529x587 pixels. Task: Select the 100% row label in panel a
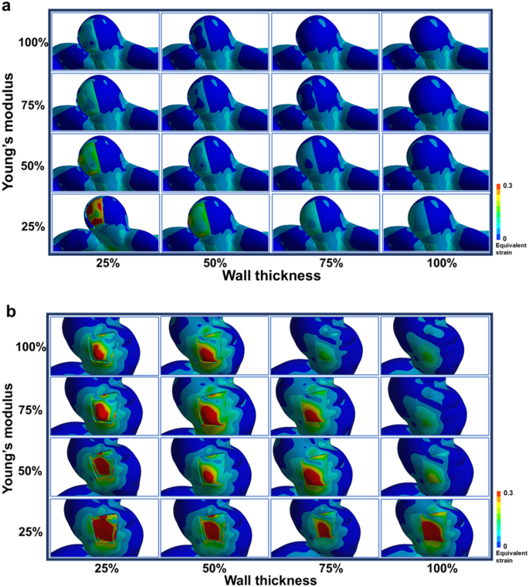point(36,43)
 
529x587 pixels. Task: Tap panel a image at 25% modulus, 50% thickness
point(215,223)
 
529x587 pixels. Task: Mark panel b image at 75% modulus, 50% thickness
point(215,408)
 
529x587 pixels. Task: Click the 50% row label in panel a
point(36,166)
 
